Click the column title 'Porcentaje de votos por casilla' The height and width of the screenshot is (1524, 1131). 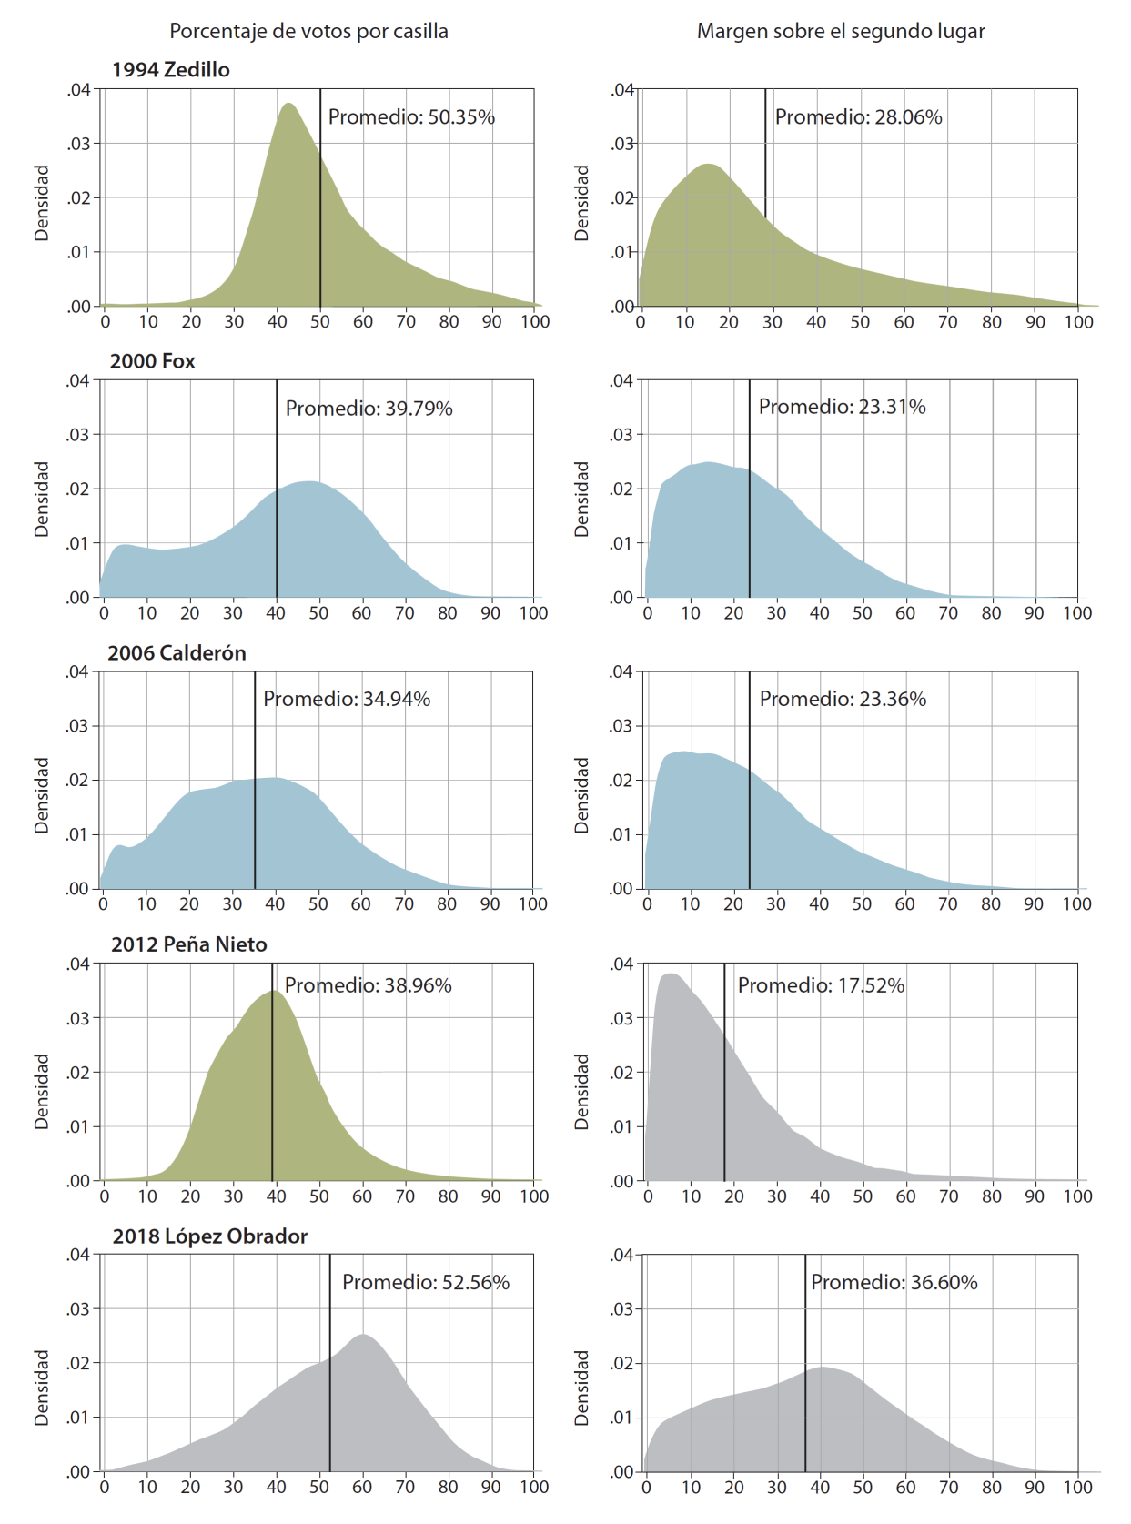[308, 31]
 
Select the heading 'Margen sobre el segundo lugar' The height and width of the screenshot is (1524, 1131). [841, 31]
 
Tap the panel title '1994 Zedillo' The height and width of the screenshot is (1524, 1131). [170, 70]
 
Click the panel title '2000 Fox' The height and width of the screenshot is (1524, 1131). [152, 361]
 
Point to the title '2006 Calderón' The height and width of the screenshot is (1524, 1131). [177, 653]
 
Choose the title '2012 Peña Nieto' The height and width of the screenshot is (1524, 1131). [188, 944]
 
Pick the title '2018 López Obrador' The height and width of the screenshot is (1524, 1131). [209, 1236]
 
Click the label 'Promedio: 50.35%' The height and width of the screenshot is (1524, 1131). [411, 117]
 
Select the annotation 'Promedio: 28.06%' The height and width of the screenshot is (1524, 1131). [858, 117]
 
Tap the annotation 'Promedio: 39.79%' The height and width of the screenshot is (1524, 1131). [369, 409]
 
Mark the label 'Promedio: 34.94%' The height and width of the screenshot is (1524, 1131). [347, 700]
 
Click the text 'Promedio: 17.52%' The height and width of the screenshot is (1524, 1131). [821, 985]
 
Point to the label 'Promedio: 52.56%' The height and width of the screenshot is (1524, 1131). [425, 1283]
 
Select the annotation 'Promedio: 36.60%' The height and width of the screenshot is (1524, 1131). [894, 1283]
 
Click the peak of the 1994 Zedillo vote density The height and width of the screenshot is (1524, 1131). [288, 104]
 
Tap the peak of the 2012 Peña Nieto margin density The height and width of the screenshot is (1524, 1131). [671, 974]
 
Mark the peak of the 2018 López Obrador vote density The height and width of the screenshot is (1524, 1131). [363, 1335]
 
